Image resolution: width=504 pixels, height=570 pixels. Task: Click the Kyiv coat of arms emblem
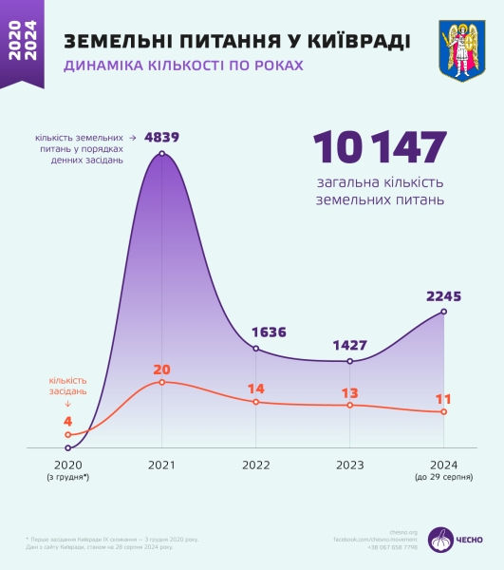(462, 49)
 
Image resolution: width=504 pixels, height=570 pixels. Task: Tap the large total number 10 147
(379, 147)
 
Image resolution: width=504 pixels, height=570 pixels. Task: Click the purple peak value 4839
(161, 137)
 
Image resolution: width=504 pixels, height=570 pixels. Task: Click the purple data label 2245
(443, 296)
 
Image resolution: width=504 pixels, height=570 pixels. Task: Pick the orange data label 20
(161, 369)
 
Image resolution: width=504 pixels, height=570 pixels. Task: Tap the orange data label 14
(256, 389)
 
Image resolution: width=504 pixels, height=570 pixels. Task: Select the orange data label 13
(349, 392)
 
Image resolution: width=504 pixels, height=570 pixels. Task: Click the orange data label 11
(444, 399)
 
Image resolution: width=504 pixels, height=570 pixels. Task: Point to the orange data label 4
(67, 421)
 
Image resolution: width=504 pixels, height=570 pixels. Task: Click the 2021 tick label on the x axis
(161, 465)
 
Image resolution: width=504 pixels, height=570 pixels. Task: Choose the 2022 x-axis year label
(255, 465)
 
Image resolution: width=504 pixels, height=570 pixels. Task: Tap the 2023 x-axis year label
(349, 465)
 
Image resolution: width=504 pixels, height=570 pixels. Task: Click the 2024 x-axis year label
(444, 465)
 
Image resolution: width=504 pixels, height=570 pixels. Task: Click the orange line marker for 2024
(444, 412)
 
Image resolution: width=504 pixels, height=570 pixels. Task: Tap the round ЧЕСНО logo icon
(440, 539)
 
